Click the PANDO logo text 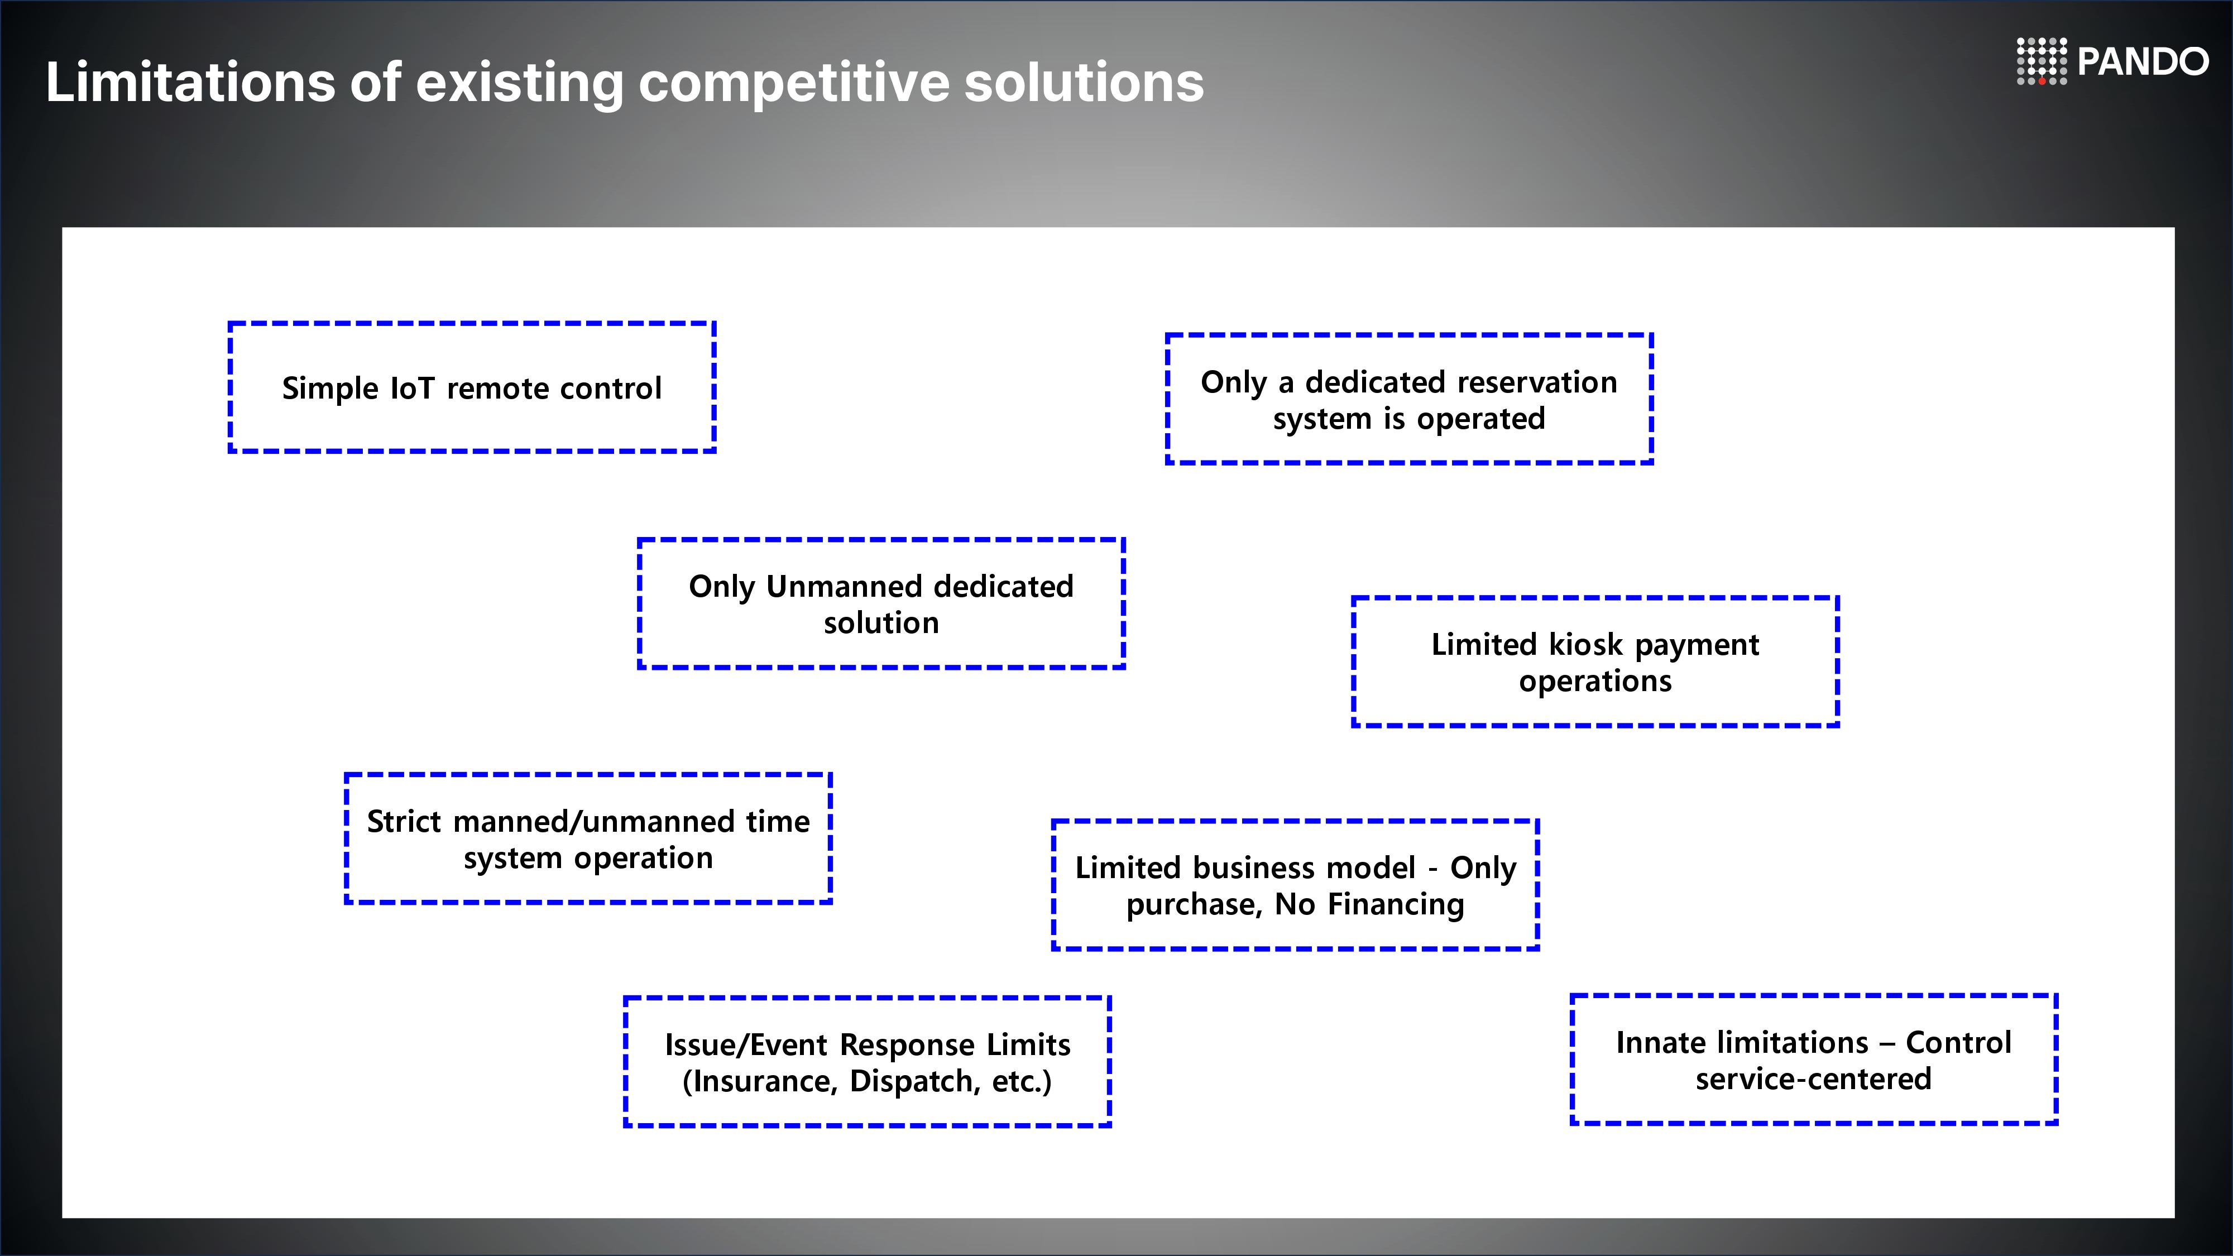tap(2143, 61)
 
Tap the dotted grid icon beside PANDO tap(2042, 61)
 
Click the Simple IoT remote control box tap(472, 387)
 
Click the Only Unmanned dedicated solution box tap(881, 603)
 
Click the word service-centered tap(1813, 1079)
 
